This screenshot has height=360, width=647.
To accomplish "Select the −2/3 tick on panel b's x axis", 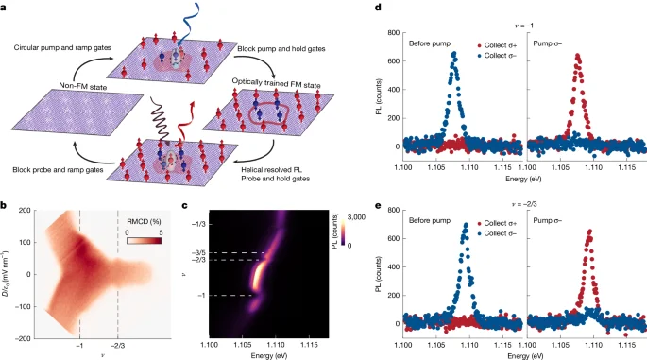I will coord(117,319).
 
